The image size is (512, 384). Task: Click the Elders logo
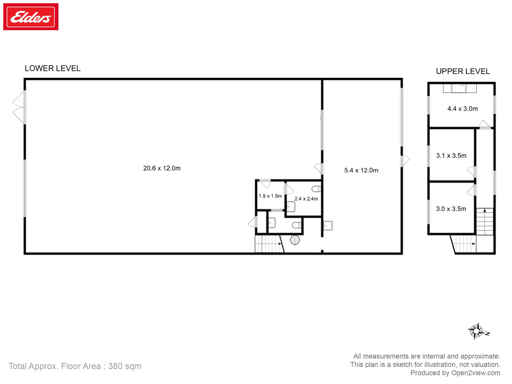click(31, 17)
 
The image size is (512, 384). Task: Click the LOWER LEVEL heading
click(52, 68)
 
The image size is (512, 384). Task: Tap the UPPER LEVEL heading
click(463, 71)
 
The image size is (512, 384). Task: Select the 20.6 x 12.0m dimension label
click(162, 168)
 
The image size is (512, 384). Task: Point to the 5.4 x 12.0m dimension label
click(361, 170)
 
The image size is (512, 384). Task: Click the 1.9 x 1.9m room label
click(270, 196)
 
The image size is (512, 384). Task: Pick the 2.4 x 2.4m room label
click(306, 199)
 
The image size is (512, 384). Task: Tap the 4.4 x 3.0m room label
click(462, 109)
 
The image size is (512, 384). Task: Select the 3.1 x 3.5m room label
click(451, 155)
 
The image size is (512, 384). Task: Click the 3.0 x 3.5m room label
click(451, 209)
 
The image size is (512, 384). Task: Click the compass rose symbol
click(476, 331)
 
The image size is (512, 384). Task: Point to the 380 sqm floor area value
click(124, 366)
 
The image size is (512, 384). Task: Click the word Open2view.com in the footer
click(475, 373)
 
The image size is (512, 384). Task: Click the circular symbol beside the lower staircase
click(295, 240)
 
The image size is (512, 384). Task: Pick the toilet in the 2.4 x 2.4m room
click(316, 189)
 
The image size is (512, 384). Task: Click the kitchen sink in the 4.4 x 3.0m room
click(462, 88)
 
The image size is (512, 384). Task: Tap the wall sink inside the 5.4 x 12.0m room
click(327, 226)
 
